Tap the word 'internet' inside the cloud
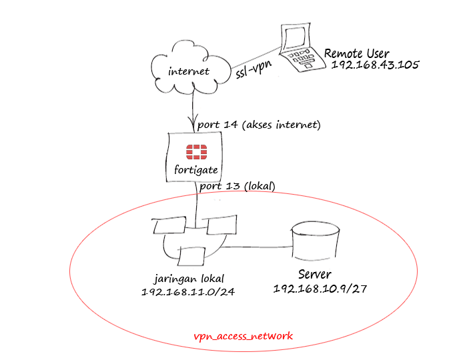189,71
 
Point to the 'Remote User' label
356,53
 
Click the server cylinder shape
313,243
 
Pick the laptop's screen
294,37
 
